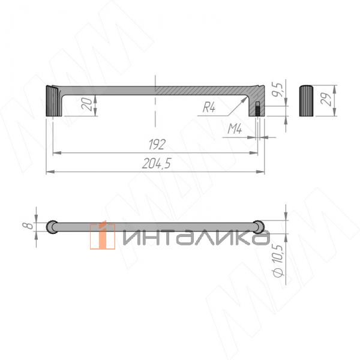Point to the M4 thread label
tap(235, 128)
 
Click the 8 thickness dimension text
tap(27, 226)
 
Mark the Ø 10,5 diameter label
tap(277, 260)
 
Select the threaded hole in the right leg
tap(257, 110)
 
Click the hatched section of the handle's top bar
tap(204, 89)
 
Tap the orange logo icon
tap(103, 235)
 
